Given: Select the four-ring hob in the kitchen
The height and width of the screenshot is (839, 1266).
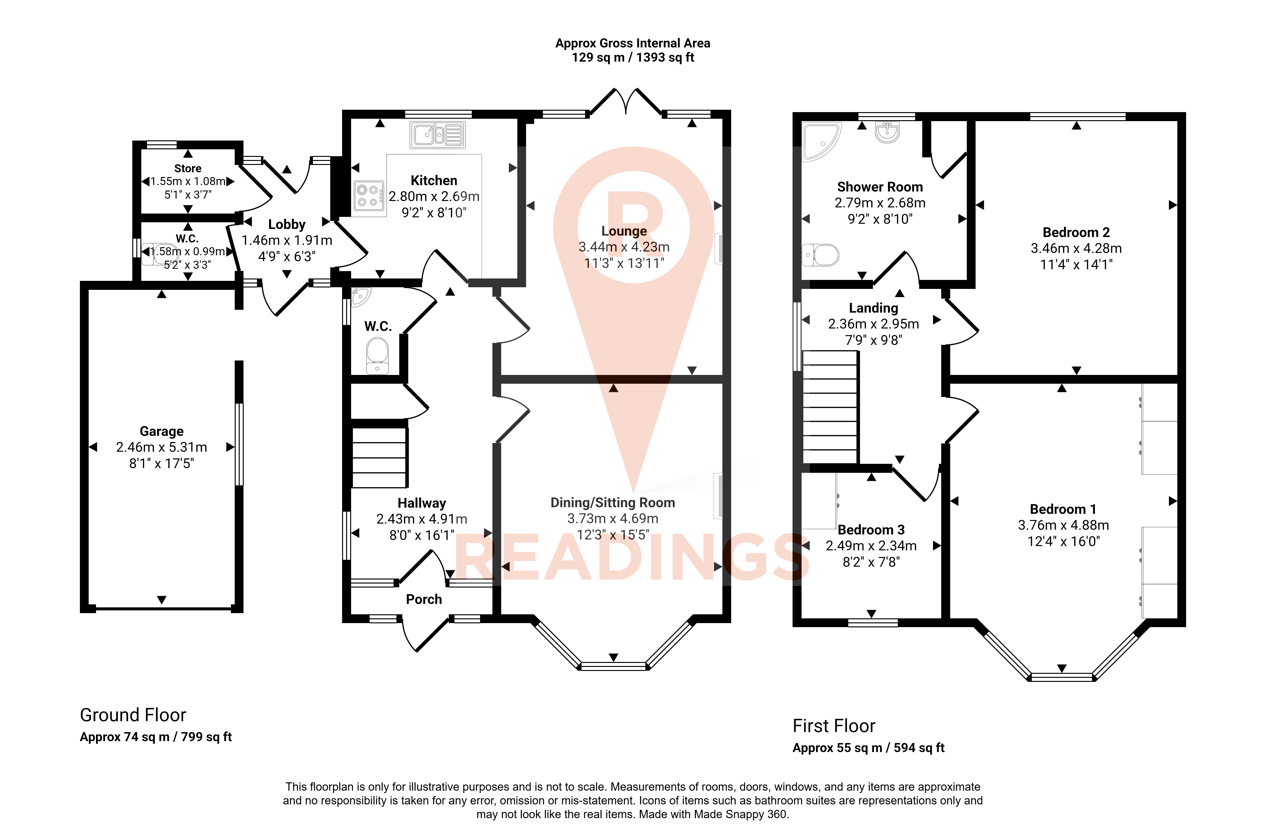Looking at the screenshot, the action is pyautogui.click(x=369, y=196).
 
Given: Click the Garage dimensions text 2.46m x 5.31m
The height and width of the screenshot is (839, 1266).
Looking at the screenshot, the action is pyautogui.click(x=162, y=447).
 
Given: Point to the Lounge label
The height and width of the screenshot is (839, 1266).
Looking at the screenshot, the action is pyautogui.click(x=624, y=231).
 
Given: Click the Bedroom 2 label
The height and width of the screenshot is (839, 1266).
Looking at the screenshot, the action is pyautogui.click(x=1076, y=232).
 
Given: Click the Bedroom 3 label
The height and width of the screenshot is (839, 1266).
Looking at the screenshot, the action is pyautogui.click(x=871, y=530).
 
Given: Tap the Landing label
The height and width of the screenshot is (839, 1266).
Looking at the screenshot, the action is pyautogui.click(x=873, y=308).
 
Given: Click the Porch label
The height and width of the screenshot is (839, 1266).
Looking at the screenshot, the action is pyautogui.click(x=424, y=599).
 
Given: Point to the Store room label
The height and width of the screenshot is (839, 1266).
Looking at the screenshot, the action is pyautogui.click(x=188, y=169).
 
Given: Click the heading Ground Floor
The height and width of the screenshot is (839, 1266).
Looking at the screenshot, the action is pyautogui.click(x=133, y=715).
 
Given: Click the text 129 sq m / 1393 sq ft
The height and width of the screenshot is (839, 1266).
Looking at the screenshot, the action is pyautogui.click(x=633, y=57).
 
